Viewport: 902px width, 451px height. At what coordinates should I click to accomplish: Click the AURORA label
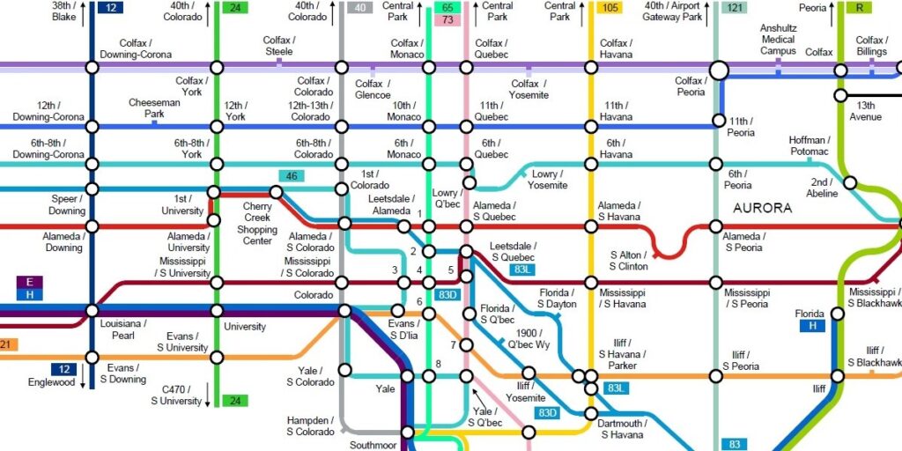763,209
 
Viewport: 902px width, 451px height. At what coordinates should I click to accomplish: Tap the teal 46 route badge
292,176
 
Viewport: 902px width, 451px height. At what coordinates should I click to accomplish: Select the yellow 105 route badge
609,8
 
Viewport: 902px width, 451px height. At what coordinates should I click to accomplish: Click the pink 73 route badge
447,20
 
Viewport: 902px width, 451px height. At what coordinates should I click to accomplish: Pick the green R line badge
859,8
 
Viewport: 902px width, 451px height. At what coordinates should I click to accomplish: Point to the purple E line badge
30,282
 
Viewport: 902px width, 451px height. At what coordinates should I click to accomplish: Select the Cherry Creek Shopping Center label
257,224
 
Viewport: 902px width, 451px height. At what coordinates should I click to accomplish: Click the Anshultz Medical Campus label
778,40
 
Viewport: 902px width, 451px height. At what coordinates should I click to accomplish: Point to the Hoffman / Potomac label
809,146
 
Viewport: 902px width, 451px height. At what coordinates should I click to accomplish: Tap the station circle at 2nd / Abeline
850,182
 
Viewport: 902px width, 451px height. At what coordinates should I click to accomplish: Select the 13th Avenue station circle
841,95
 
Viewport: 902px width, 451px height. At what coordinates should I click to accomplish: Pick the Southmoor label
374,444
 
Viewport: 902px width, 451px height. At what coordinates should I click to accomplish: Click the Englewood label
50,382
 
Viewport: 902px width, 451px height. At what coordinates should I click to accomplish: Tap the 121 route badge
733,8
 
